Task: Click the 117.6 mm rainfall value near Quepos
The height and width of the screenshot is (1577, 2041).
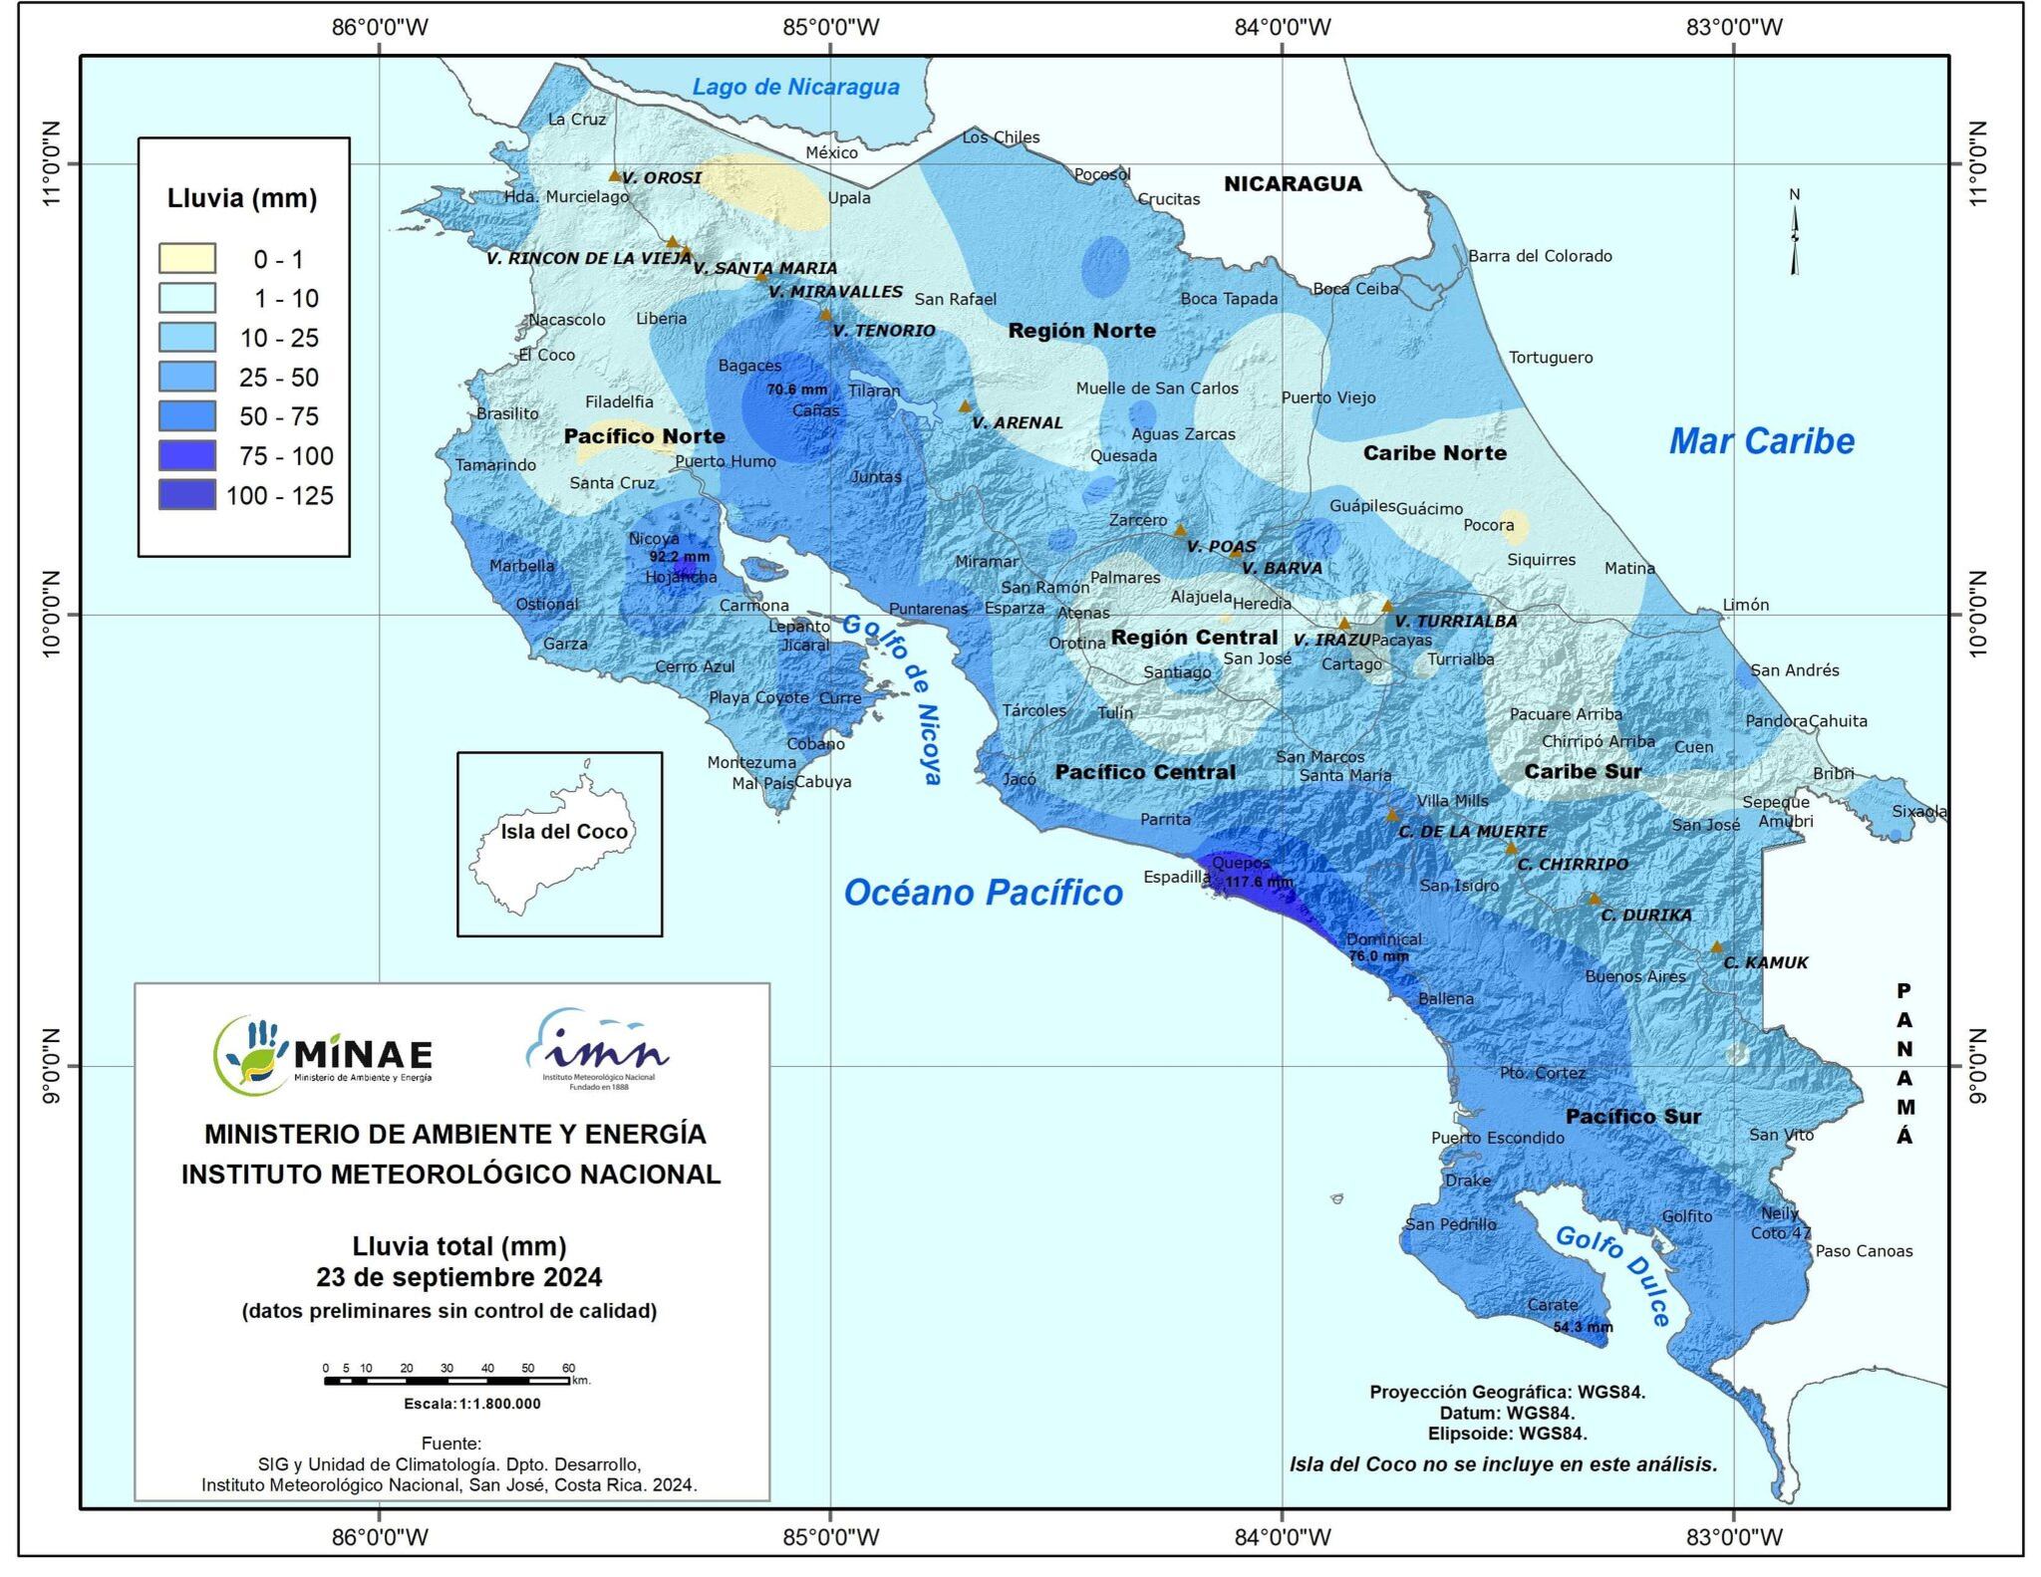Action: (x=1258, y=882)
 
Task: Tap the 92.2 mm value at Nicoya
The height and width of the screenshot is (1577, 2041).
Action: (x=680, y=557)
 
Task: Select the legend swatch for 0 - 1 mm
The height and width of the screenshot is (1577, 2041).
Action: (x=187, y=259)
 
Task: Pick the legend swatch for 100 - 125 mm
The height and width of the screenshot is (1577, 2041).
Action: (x=187, y=495)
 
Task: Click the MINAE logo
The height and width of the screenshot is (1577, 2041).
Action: (x=324, y=1054)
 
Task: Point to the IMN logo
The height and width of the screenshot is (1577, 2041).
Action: (x=598, y=1051)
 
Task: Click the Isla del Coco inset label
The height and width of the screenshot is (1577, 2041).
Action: (x=564, y=832)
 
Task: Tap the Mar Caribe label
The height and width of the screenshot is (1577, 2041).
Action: (x=1761, y=441)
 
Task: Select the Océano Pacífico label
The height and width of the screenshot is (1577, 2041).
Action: (x=983, y=893)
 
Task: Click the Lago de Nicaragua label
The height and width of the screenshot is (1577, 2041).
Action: (x=795, y=87)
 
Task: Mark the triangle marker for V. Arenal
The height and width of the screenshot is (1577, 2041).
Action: (x=965, y=406)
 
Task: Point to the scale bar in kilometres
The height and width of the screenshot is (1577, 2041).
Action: (x=447, y=1381)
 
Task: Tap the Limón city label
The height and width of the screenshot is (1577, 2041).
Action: (x=1746, y=605)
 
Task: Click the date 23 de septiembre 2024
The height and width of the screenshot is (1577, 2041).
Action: (x=458, y=1277)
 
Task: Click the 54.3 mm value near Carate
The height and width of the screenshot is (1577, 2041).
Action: (x=1583, y=1327)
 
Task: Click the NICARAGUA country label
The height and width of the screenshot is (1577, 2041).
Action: (x=1293, y=183)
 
